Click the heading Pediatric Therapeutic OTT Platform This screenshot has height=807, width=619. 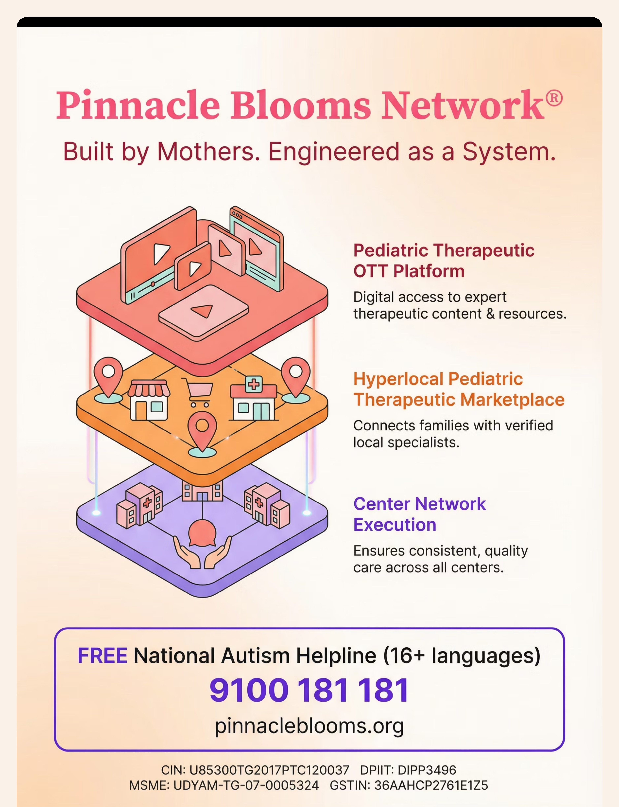pyautogui.click(x=444, y=261)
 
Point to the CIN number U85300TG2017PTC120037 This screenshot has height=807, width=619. pyautogui.click(x=269, y=770)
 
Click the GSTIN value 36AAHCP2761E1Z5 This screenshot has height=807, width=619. pyautogui.click(x=431, y=785)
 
